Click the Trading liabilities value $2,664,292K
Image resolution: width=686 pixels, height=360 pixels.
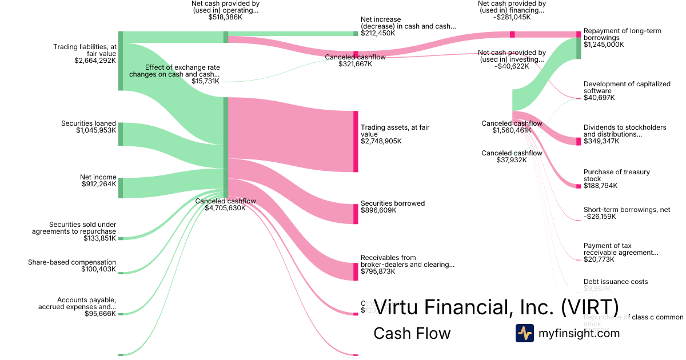pyautogui.click(x=95, y=60)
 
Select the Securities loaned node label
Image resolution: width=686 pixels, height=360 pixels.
pyautogui.click(x=89, y=123)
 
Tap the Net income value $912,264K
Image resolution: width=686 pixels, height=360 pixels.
pyautogui.click(x=99, y=184)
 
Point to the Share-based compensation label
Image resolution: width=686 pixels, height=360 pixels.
pyautogui.click(x=72, y=262)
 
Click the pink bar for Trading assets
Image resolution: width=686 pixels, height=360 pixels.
pyautogui.click(x=356, y=141)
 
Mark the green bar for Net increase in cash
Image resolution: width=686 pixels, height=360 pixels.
pyautogui.click(x=356, y=34)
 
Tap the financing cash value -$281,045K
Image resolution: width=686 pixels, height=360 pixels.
pyautogui.click(x=511, y=18)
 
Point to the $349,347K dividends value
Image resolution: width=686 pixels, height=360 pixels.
pyautogui.click(x=601, y=141)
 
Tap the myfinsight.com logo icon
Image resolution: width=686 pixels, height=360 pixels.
pyautogui.click(x=524, y=333)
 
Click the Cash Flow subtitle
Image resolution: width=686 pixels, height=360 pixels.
pyautogui.click(x=412, y=333)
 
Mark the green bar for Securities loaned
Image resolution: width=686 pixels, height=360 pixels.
pyautogui.click(x=121, y=134)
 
